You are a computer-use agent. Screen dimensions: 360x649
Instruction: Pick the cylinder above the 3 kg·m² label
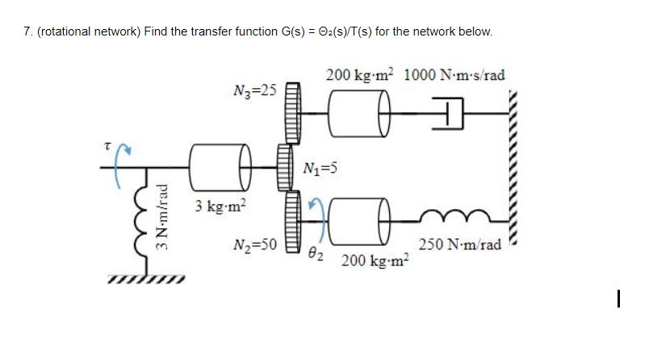coord(216,167)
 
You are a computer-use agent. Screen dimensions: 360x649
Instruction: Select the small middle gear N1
coord(285,167)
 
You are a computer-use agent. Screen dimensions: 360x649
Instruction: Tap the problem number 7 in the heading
coord(26,31)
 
